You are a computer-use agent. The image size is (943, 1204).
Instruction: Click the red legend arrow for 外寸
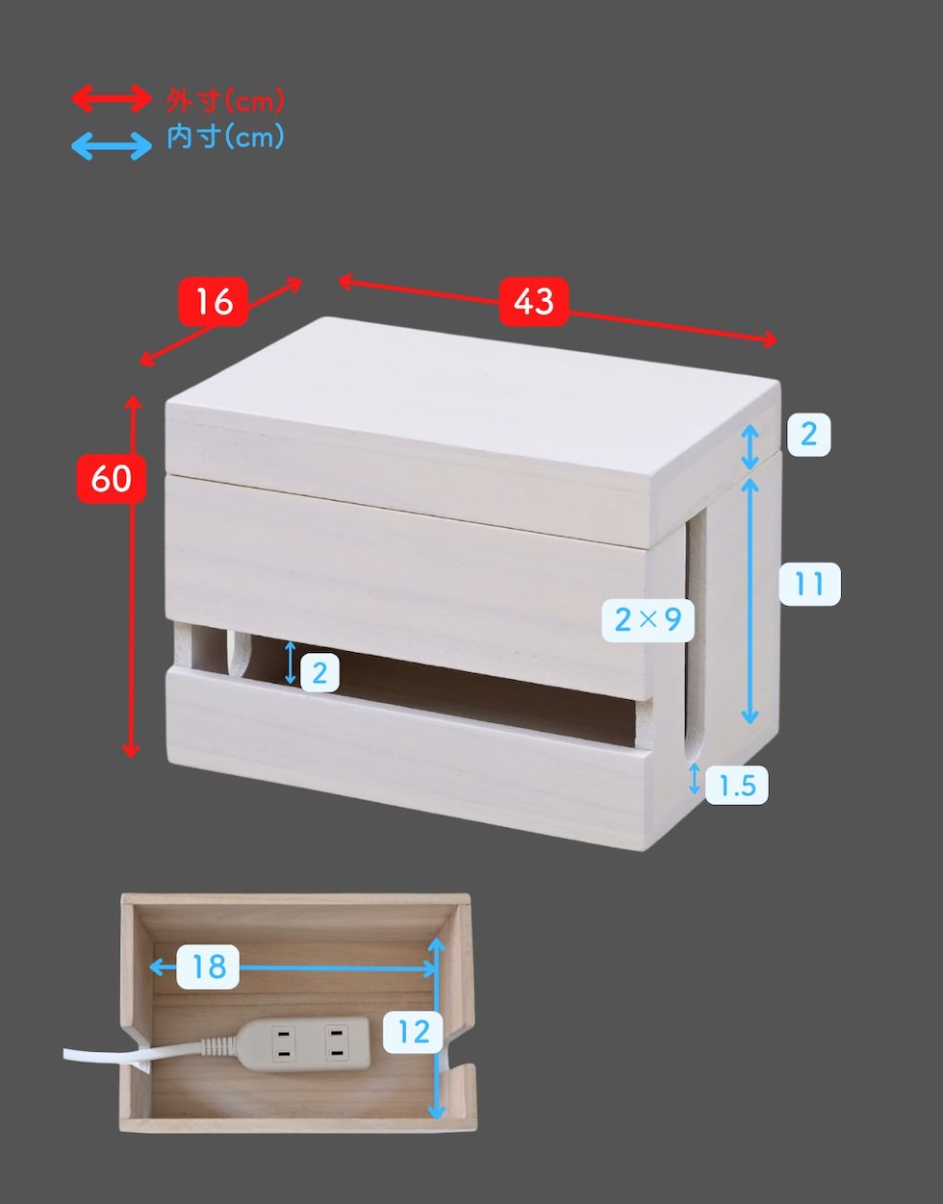(112, 99)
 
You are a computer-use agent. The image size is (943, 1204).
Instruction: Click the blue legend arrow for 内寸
(112, 146)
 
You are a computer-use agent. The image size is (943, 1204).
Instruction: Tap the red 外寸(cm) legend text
(224, 101)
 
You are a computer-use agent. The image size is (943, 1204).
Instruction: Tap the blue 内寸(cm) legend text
(225, 137)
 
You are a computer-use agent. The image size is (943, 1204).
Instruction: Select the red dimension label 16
(213, 302)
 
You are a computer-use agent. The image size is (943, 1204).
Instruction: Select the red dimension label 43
(534, 302)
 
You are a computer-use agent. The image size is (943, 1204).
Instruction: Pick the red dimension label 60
(112, 479)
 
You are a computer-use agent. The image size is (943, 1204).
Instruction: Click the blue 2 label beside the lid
(809, 435)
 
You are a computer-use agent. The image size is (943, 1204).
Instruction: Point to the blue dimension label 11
(809, 584)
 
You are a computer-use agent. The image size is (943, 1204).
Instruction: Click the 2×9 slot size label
(648, 620)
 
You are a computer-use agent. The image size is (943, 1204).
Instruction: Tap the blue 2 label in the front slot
(319, 673)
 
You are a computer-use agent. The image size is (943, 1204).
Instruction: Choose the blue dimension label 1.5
(737, 785)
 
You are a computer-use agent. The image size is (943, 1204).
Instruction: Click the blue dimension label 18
(208, 966)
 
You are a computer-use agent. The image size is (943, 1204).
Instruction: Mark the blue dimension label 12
(413, 1032)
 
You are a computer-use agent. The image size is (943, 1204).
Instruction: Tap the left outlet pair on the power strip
(283, 1043)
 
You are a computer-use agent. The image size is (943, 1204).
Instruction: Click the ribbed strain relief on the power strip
(218, 1046)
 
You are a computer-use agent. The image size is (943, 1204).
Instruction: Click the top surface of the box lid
(471, 388)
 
